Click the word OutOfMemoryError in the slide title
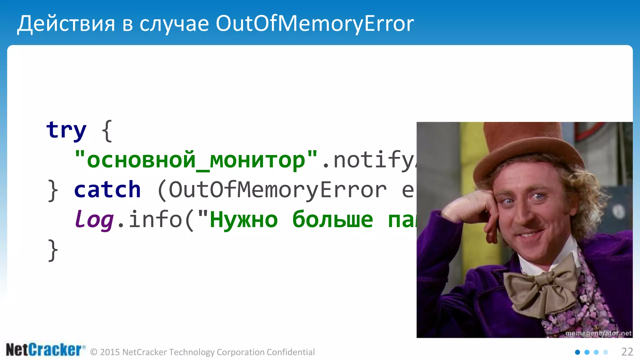pos(314,24)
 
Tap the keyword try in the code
pos(66,130)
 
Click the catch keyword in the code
pos(107,190)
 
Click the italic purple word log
pos(94,220)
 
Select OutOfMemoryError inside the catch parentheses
pos(277,190)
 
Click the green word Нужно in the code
pos(243,220)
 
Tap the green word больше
pos(332,220)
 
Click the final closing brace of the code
pos(53,250)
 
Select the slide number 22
pos(627,352)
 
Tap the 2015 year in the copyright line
pos(110,352)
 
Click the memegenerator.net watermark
pos(598,333)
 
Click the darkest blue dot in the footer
pos(577,352)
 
